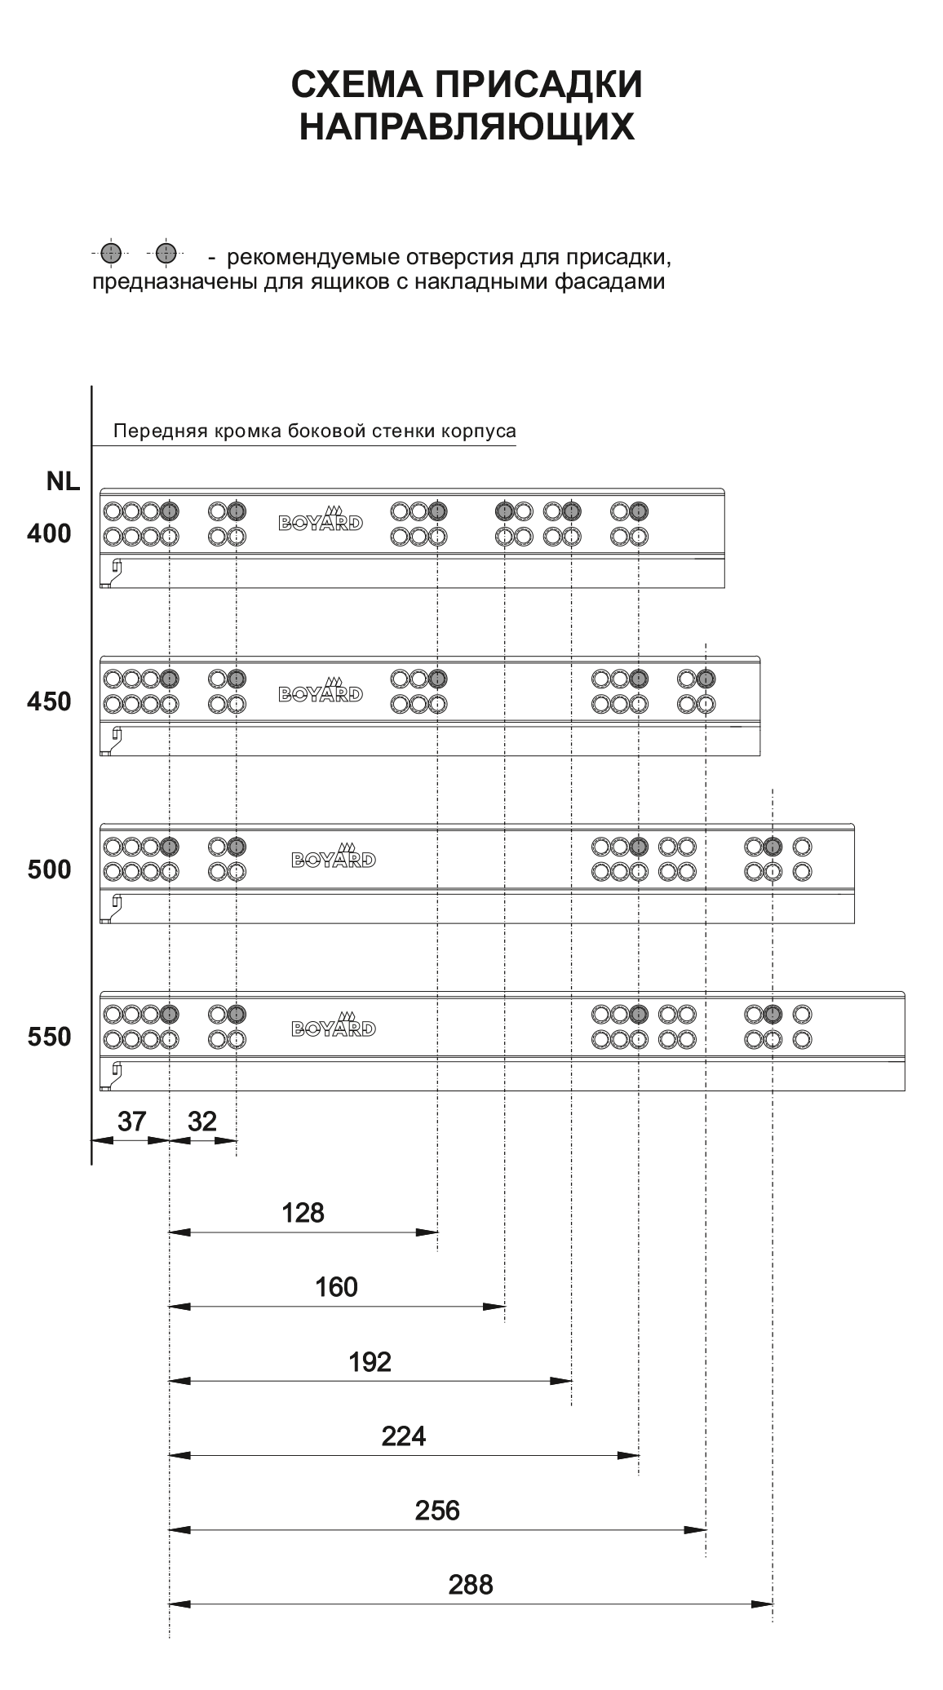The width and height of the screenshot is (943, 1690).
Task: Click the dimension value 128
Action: coord(303,1213)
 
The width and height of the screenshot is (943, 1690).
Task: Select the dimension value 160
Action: coord(336,1287)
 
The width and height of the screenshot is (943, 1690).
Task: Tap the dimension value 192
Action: coord(370,1362)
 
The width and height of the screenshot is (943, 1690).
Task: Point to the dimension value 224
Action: coord(404,1436)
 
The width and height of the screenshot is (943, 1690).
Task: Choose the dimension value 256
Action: coord(437,1511)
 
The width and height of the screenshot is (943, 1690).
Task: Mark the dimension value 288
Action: coord(471,1585)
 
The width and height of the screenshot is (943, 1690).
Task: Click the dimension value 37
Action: coord(131,1122)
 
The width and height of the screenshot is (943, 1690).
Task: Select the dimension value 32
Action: coord(202,1122)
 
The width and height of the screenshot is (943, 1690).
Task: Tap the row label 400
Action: coord(49,534)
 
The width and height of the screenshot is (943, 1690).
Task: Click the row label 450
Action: coord(49,701)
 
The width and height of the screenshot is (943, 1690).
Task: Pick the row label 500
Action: coord(49,869)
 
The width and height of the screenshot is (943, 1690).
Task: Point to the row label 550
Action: coord(49,1037)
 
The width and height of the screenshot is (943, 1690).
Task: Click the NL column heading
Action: coord(63,482)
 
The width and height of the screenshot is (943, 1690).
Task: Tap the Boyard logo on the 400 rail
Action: coord(321,518)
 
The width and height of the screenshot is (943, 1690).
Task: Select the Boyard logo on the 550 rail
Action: coord(333,1024)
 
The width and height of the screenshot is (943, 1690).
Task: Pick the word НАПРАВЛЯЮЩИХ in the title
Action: coord(467,127)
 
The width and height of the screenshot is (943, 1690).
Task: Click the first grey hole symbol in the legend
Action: coord(112,254)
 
